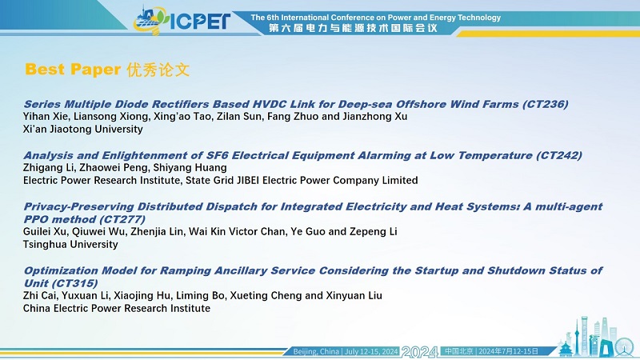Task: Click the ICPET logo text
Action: coord(200,22)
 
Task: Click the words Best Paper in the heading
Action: coord(73,70)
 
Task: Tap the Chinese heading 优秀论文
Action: coord(158,70)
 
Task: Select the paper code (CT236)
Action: coord(546,104)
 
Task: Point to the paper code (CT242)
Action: coord(558,155)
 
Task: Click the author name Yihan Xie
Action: coord(47,117)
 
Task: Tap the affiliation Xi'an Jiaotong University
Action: coord(83,129)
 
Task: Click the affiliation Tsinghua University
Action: coord(70,245)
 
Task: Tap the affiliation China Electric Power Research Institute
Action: coord(117,308)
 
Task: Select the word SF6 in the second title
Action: coord(217,155)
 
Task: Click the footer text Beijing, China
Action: coord(316,351)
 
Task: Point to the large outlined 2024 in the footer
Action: coord(420,352)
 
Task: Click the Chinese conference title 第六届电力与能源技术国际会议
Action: coord(353,28)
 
